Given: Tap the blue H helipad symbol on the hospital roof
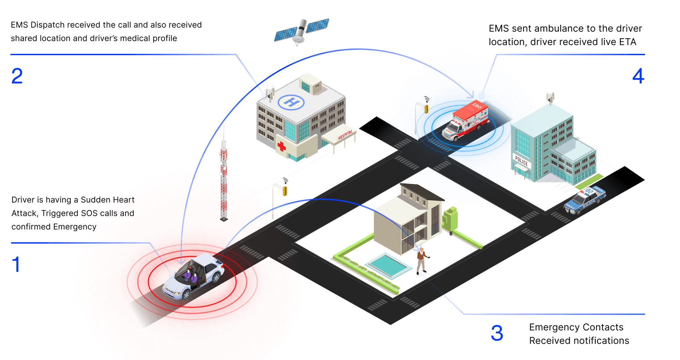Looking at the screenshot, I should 291,102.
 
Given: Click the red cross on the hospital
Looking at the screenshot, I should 281,146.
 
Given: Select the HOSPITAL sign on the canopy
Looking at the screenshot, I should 345,135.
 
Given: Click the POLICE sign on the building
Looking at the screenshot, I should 521,161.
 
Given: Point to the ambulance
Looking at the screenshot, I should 465,121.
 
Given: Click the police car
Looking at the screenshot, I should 585,200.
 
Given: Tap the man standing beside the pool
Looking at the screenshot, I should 421,260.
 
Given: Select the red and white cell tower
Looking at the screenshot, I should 224,178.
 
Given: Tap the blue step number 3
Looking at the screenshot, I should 497,333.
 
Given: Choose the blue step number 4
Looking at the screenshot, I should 638,76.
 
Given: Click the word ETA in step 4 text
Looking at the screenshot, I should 627,42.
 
